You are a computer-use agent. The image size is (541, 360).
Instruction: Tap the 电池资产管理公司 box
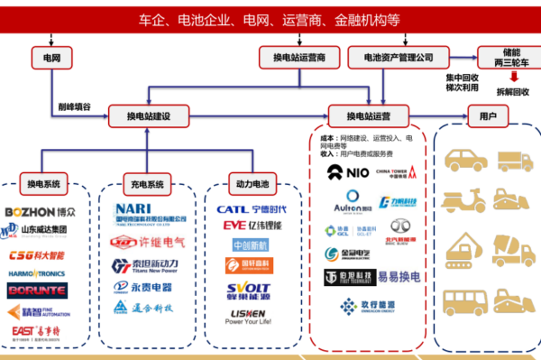tap(398, 58)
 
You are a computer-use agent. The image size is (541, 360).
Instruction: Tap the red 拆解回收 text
tap(513, 93)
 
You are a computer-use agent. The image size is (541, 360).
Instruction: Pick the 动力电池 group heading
tap(250, 185)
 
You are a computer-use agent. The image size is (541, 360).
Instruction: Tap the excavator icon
tap(464, 248)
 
